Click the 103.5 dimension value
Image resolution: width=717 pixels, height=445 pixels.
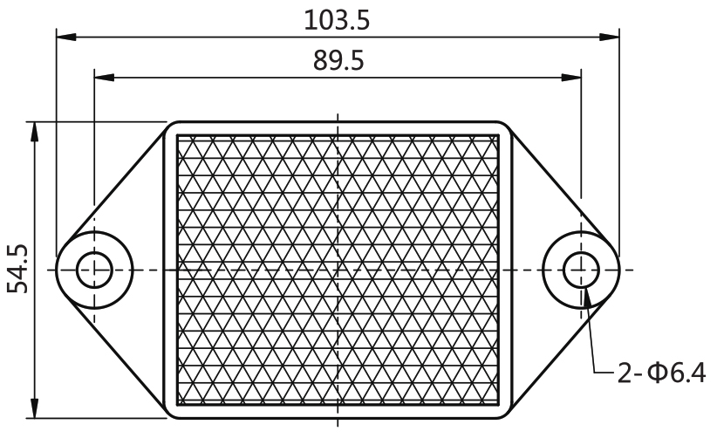tap(337, 21)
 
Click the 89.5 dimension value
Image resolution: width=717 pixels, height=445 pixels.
tap(338, 61)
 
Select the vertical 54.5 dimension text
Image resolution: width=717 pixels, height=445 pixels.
tap(17, 269)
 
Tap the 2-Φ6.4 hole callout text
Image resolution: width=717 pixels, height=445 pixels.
tap(661, 373)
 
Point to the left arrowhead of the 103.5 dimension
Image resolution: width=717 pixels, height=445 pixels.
tap(66, 37)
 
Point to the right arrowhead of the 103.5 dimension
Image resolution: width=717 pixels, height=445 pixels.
tap(610, 37)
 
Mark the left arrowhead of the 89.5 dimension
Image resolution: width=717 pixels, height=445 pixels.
tap(105, 78)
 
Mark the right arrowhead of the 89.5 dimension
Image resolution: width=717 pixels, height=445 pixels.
tap(571, 78)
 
